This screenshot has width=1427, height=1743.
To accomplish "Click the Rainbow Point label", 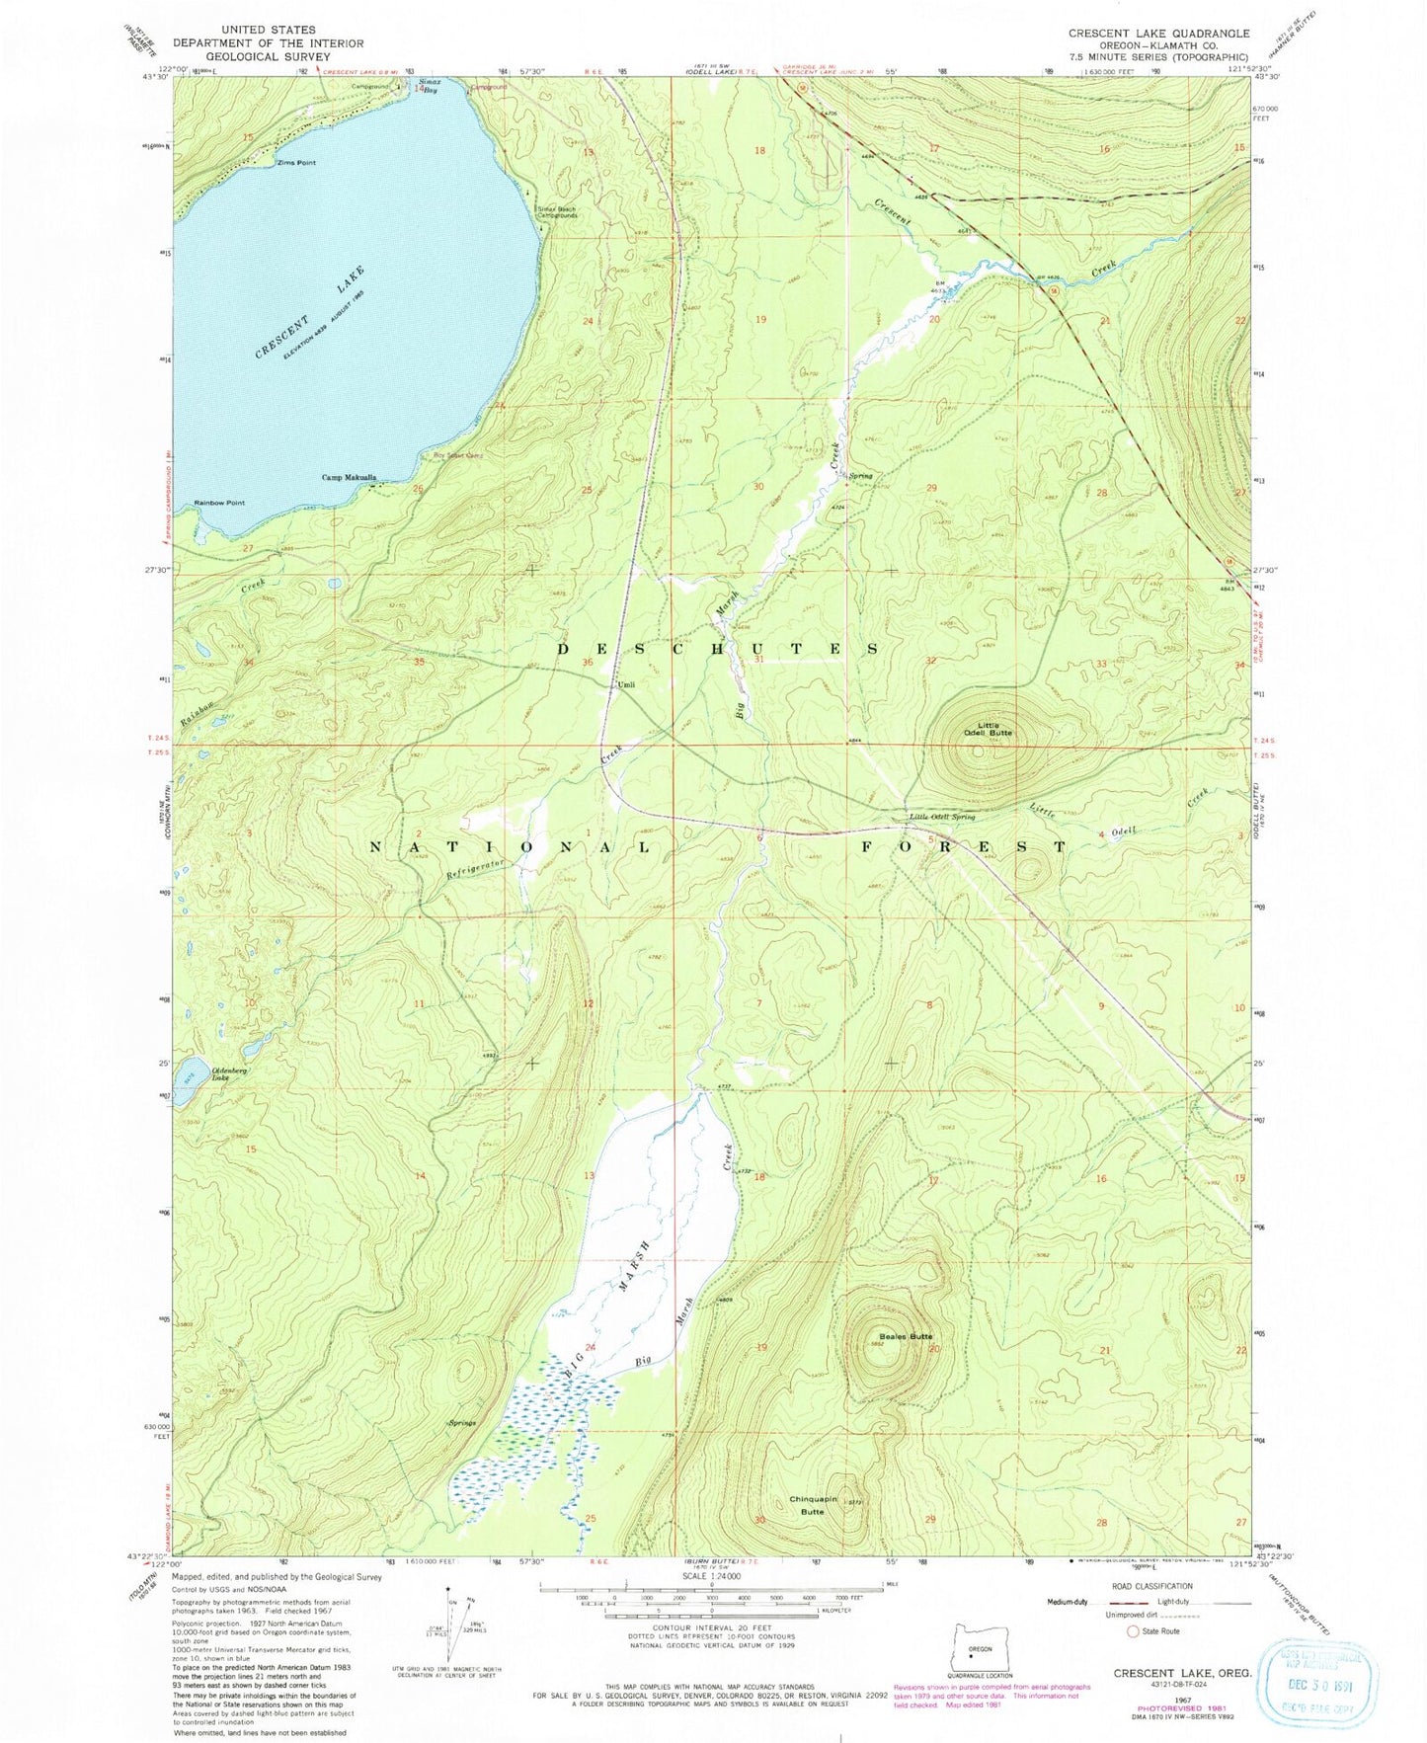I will point(218,503).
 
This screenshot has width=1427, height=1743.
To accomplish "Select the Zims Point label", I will point(296,163).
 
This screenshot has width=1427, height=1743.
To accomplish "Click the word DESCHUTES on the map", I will point(717,649).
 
